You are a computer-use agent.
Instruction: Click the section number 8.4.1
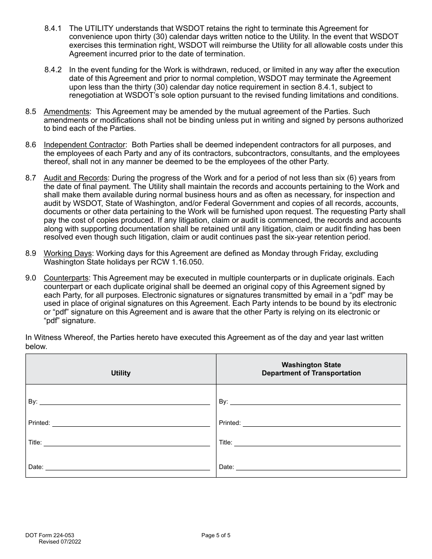(x=53, y=29)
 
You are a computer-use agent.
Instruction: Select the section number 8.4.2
(x=53, y=70)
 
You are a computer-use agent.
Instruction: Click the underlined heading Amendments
(x=66, y=112)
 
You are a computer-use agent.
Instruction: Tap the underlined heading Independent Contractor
(x=84, y=145)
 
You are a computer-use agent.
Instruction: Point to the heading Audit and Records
(x=75, y=178)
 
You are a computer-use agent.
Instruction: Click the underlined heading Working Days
(x=68, y=253)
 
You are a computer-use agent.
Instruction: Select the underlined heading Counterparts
(x=66, y=278)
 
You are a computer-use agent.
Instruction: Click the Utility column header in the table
(x=121, y=373)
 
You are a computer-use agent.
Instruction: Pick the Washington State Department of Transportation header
(x=311, y=369)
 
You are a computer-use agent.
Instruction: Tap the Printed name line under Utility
(x=131, y=423)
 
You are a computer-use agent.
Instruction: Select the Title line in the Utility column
(x=126, y=443)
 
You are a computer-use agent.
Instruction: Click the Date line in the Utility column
(x=127, y=467)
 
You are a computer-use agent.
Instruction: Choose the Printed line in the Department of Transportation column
(x=321, y=423)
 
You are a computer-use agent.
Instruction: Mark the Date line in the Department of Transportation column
(x=318, y=467)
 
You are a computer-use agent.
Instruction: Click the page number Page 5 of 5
(x=216, y=535)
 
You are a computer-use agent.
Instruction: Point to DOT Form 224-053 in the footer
(x=50, y=535)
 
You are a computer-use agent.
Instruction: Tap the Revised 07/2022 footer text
(x=60, y=542)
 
